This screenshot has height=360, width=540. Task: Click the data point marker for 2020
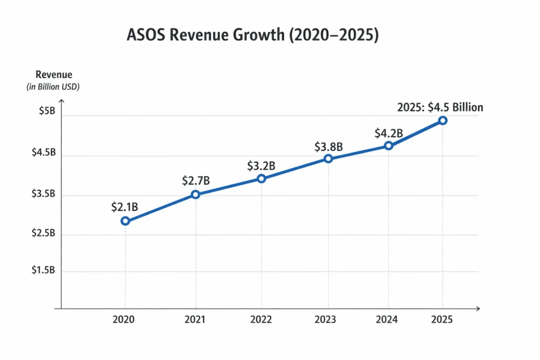coord(126,221)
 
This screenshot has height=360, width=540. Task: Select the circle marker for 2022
coord(261,179)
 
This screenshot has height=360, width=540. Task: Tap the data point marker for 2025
coord(443,121)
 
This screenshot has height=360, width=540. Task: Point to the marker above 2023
coord(328,159)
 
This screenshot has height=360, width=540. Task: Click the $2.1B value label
coord(124,207)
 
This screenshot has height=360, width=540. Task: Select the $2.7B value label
coord(196,181)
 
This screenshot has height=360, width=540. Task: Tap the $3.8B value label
coord(329,147)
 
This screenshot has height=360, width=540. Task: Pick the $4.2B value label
coord(389,133)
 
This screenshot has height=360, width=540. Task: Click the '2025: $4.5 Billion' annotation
coord(440,108)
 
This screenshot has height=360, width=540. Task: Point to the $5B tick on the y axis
coord(46,112)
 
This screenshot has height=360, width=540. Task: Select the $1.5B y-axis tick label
coord(43,270)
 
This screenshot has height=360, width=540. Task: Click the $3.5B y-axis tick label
coord(43,194)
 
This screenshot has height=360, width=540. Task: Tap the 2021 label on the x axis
coord(196,319)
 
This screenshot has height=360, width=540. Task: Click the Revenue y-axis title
coord(54,75)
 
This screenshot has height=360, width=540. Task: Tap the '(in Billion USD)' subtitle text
coord(53,87)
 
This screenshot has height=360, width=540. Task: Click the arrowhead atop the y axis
coord(61,98)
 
